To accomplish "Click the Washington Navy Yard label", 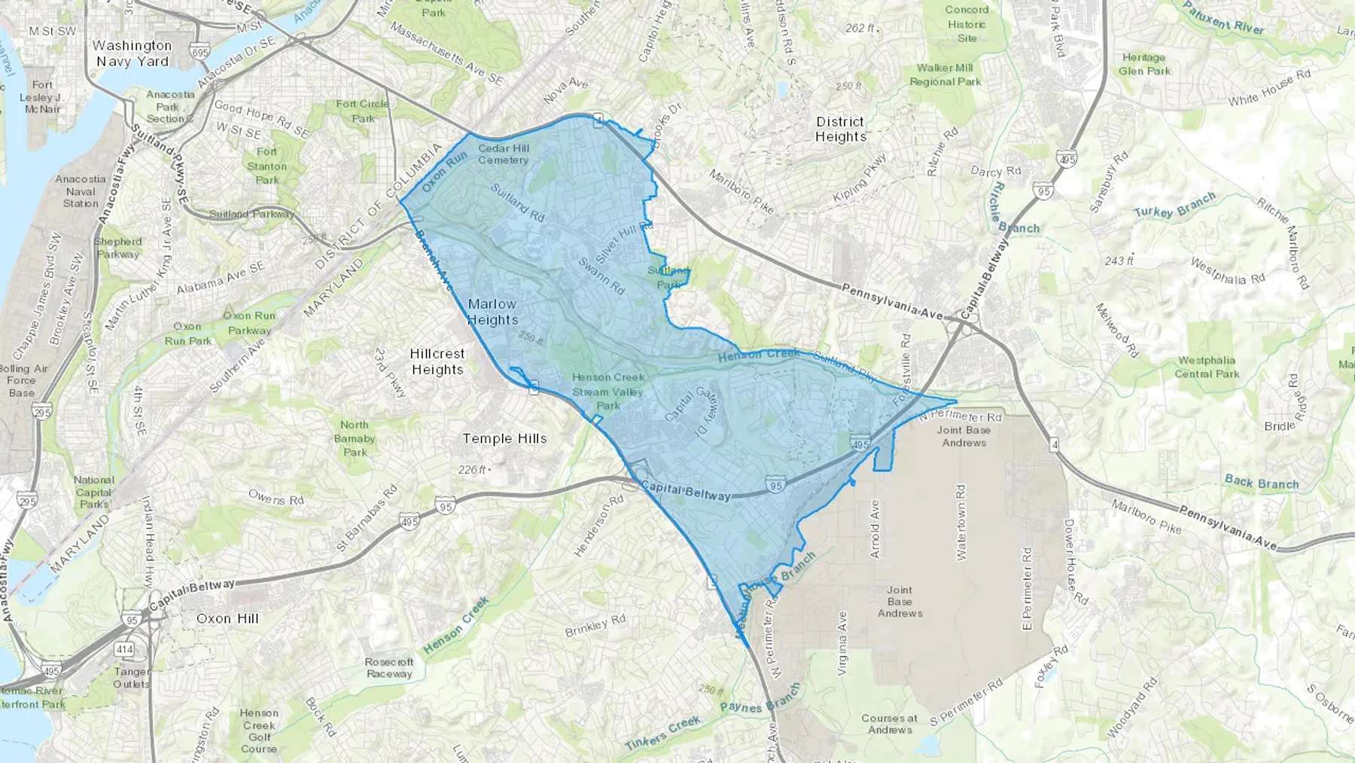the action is (x=132, y=53).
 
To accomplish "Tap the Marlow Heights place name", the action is (x=492, y=312).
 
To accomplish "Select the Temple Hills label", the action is (x=504, y=438).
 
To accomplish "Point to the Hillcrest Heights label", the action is (x=437, y=362).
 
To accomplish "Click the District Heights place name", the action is (x=840, y=129).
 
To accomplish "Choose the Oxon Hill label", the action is (x=227, y=618).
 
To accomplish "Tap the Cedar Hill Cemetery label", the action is (x=504, y=154).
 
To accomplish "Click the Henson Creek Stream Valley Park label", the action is (x=608, y=391).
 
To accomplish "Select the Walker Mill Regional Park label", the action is (x=945, y=75).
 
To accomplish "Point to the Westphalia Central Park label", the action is (x=1207, y=367).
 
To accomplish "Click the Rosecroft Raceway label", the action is (x=389, y=667).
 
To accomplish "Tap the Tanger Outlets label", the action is (x=131, y=677).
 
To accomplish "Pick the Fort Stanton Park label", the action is (x=267, y=166).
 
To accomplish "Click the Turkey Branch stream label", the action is (x=1174, y=205).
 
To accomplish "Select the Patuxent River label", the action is (x=1223, y=17).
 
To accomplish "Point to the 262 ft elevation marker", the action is (x=860, y=28).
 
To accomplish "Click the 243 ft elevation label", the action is (x=1119, y=261).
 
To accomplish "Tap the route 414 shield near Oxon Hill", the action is (x=124, y=649).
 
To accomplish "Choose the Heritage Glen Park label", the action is (x=1144, y=64).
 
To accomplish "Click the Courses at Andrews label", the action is (x=889, y=724).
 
